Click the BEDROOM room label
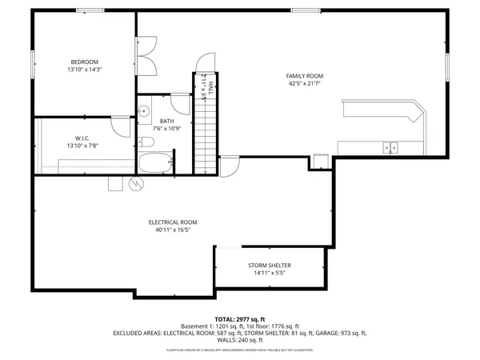click(x=84, y=62)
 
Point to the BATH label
click(x=166, y=121)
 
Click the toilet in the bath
click(x=146, y=142)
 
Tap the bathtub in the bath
click(x=155, y=163)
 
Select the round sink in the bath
click(x=143, y=110)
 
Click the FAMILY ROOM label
click(x=305, y=76)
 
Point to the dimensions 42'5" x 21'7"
click(x=305, y=84)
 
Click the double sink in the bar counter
click(x=390, y=147)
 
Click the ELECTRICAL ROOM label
click(x=173, y=222)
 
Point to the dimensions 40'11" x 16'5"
click(x=173, y=230)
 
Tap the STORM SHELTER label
click(x=269, y=265)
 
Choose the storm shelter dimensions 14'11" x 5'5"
click(x=269, y=273)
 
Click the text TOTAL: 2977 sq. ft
click(x=240, y=318)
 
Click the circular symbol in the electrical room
click(x=135, y=184)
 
